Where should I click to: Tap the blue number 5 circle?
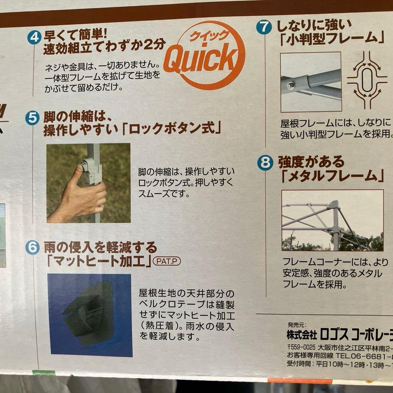coord(32,118)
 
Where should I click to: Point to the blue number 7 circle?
coord(263,27)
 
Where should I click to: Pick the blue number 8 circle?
coord(265,162)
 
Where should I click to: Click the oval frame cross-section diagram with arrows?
coord(366,80)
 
